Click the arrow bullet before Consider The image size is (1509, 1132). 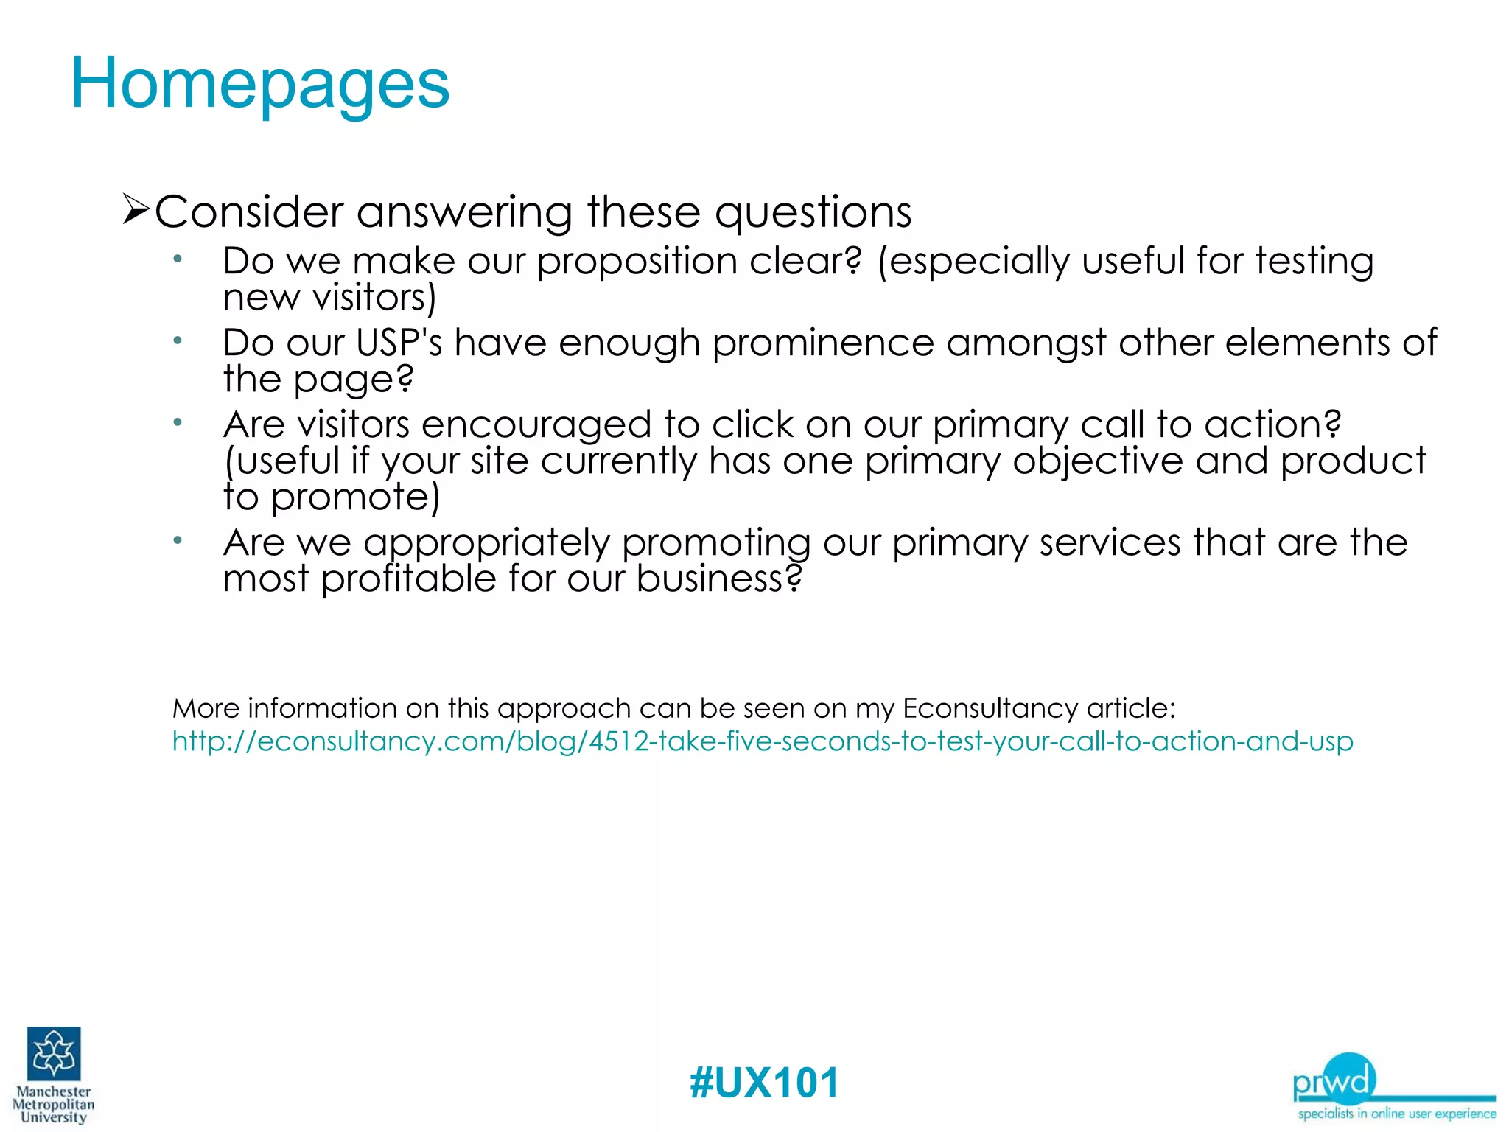coord(136,210)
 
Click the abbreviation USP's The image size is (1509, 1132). coord(399,343)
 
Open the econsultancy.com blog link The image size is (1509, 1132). coord(762,741)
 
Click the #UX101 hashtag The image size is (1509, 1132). coord(764,1083)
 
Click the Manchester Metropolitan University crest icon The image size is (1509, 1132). coord(54,1054)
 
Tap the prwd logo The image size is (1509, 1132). coord(1334,1080)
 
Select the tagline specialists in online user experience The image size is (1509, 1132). coord(1396,1114)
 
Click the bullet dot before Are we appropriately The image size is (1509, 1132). coord(178,540)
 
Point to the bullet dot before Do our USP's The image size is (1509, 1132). coord(178,340)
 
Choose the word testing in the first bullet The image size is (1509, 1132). coord(1314,262)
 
